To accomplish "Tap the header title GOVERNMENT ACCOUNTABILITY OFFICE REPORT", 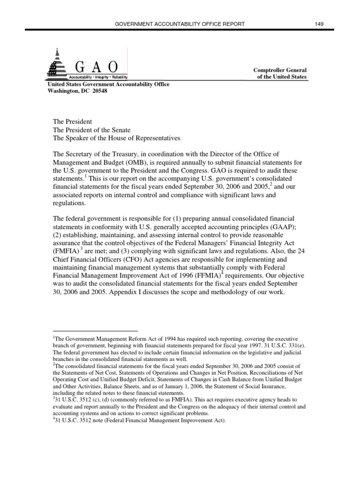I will coord(180,23).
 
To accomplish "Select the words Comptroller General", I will coord(280,70).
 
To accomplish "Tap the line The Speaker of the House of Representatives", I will coord(116,138).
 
